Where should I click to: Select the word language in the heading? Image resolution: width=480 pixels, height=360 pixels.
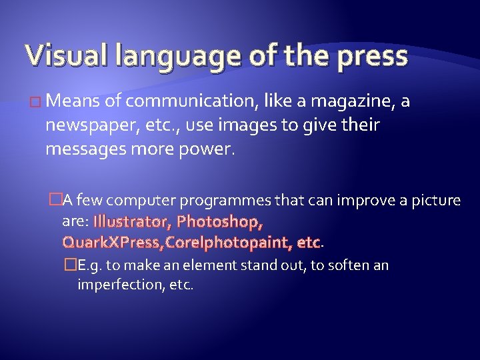coord(159,58)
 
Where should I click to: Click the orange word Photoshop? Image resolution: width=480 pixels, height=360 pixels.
coord(220,221)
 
